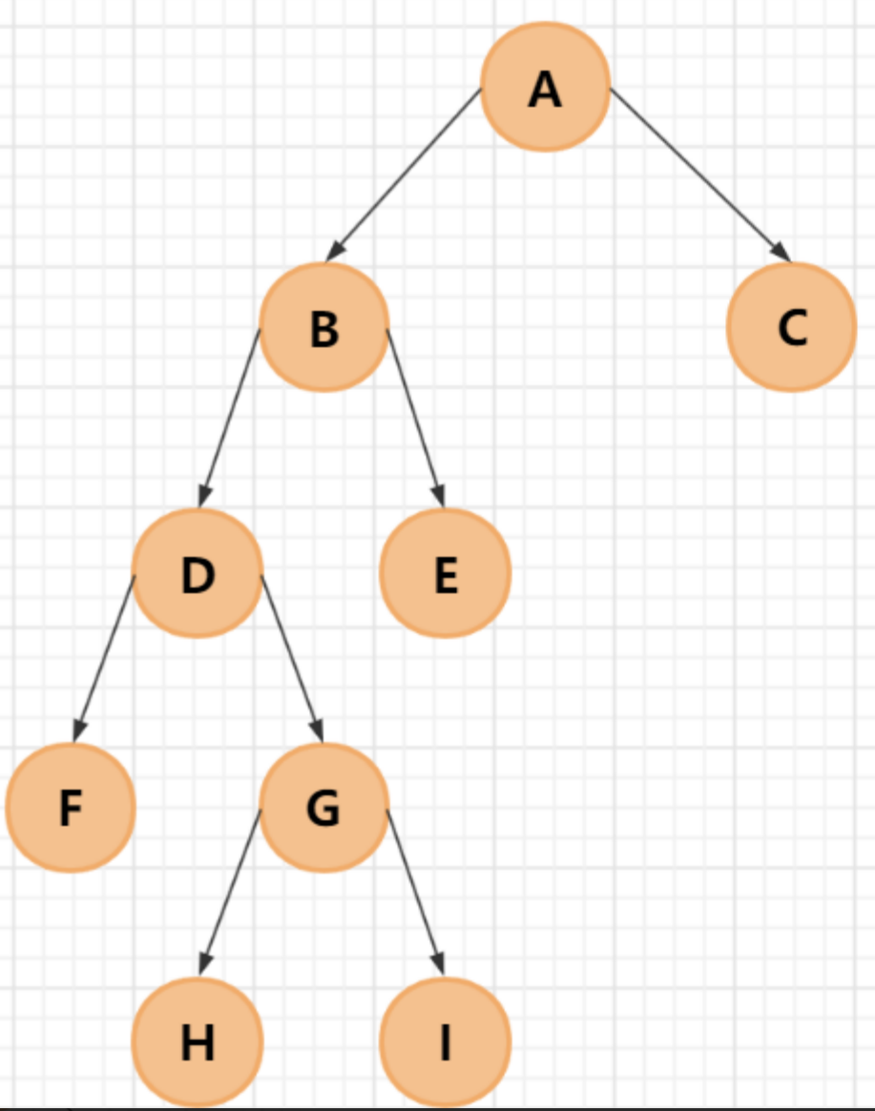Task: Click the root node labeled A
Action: coord(545,88)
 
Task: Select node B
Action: coord(323,327)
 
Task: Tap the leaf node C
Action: coord(791,327)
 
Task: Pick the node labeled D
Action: coord(197,573)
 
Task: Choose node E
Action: coord(446,573)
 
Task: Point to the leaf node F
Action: coord(70,808)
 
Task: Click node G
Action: coord(323,808)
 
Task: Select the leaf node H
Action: coord(197,1041)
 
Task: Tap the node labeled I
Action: coord(446,1041)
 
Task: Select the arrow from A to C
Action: coord(700,175)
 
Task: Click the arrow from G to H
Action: coord(229,893)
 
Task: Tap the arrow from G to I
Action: coord(415,893)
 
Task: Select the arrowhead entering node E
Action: coord(438,495)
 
